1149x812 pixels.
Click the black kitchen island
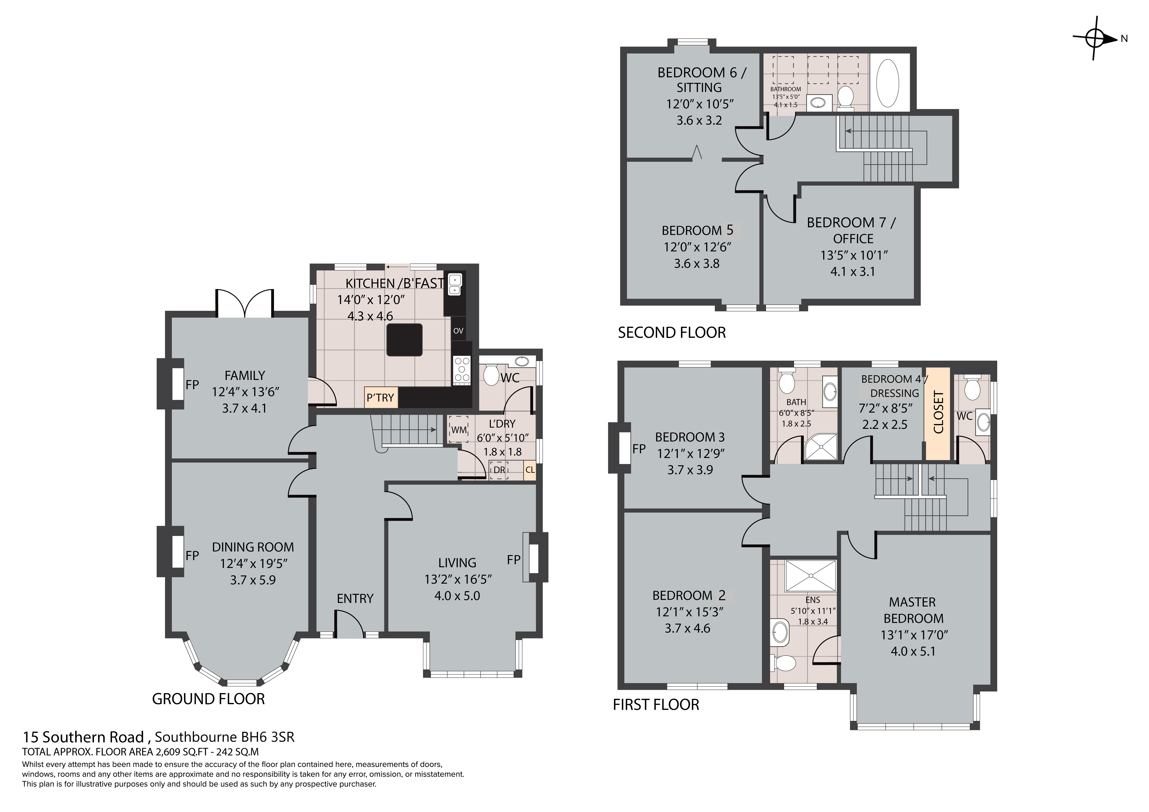point(404,340)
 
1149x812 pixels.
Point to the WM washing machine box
point(458,429)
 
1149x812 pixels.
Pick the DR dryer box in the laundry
point(499,470)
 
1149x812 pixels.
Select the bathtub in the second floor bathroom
point(888,83)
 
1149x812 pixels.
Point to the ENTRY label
point(355,598)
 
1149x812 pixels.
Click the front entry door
point(349,626)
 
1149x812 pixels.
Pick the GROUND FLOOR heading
point(208,699)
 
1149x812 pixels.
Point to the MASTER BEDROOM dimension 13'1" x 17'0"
point(914,635)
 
